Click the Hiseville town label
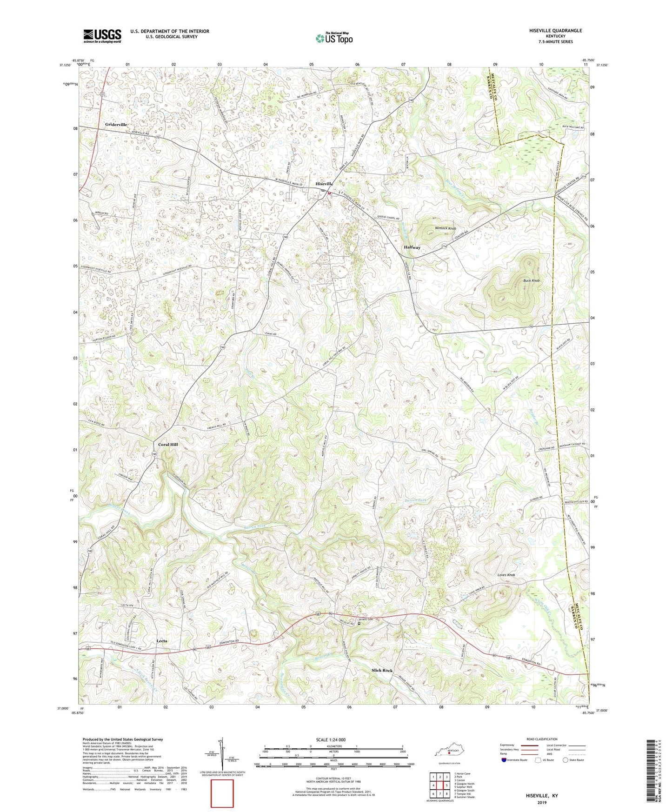[x=324, y=184]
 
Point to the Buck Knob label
[x=532, y=281]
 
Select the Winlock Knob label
[x=445, y=228]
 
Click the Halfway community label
[x=412, y=247]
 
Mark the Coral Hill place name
[x=168, y=445]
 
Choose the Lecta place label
[x=162, y=640]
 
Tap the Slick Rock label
[x=382, y=670]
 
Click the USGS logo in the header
[x=102, y=36]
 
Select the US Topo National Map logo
[x=334, y=38]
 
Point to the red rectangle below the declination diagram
[x=222, y=793]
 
